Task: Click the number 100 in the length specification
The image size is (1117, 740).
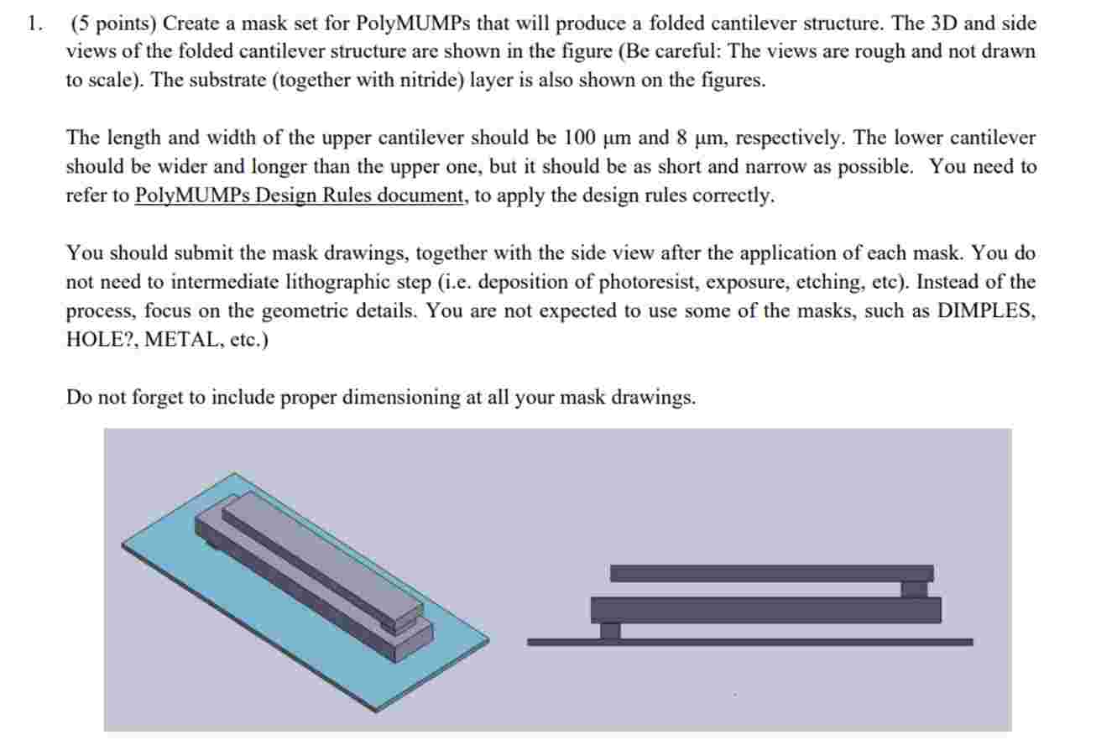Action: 578,138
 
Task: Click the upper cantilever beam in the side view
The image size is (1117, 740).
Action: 771,574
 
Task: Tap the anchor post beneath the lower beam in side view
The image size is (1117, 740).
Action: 610,631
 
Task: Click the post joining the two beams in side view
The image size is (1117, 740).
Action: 914,589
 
